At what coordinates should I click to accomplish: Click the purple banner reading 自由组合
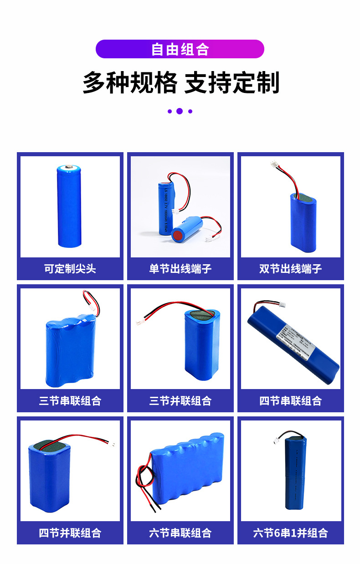[x=180, y=49]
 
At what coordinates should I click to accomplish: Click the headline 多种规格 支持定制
[x=180, y=83]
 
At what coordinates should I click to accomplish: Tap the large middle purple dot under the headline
[x=180, y=111]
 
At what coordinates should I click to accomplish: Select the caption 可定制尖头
[x=70, y=268]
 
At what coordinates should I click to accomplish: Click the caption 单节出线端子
[x=180, y=268]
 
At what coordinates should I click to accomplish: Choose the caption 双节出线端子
[x=290, y=268]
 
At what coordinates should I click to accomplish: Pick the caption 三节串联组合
[x=70, y=401]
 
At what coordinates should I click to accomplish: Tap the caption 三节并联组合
[x=180, y=401]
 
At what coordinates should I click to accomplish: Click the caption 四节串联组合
[x=290, y=401]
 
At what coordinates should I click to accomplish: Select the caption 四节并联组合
[x=70, y=533]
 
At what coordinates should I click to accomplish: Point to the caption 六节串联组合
[x=180, y=533]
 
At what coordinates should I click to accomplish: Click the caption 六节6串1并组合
[x=290, y=533]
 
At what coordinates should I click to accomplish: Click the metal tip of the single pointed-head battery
[x=69, y=167]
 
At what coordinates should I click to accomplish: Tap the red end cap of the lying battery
[x=176, y=236]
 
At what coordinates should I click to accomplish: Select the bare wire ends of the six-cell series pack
[x=156, y=506]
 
